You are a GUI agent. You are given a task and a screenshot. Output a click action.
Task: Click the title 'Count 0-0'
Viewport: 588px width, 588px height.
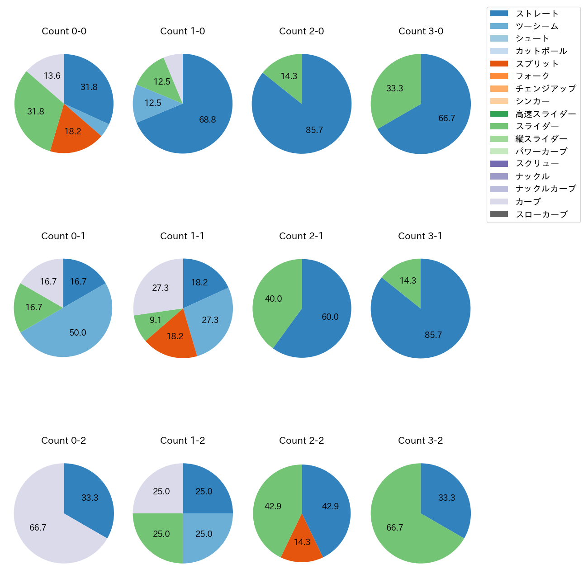[64, 31]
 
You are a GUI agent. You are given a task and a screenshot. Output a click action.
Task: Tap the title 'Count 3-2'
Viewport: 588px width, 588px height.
[420, 441]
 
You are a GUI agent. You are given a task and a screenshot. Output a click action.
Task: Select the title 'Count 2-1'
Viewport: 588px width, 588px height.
[301, 236]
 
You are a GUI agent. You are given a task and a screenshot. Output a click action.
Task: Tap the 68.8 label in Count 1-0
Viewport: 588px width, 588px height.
[208, 120]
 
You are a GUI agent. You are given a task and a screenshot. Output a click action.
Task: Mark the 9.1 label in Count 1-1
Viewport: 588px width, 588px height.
[156, 320]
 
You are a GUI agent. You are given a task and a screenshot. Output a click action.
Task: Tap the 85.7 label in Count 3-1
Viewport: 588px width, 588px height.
[433, 335]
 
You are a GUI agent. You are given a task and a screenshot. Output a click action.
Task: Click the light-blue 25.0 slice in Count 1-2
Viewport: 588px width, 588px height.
[204, 534]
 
